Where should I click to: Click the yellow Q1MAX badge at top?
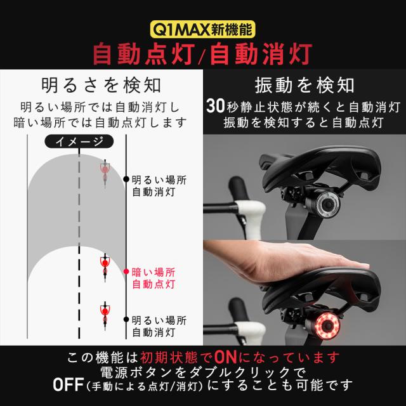tap(202, 29)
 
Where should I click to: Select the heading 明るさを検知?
tap(101, 84)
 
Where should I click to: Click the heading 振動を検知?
tap(304, 84)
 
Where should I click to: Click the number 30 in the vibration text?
tap(215, 105)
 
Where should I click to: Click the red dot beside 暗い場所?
tap(126, 272)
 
